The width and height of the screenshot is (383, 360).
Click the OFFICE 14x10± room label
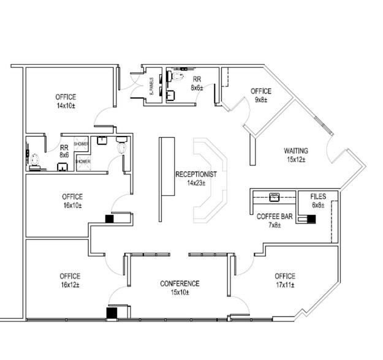pyautogui.click(x=66, y=101)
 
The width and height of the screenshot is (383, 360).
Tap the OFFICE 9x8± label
pyautogui.click(x=260, y=95)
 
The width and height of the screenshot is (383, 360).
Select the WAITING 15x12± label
pyautogui.click(x=295, y=155)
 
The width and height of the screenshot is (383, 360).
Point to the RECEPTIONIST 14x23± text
pyautogui.click(x=195, y=178)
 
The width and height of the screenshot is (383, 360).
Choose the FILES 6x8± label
pyautogui.click(x=317, y=200)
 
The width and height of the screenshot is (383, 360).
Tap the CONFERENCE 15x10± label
pyautogui.click(x=180, y=288)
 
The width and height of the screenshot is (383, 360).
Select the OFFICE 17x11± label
pyautogui.click(x=285, y=280)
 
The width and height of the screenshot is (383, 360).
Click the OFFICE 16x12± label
pyautogui.click(x=70, y=280)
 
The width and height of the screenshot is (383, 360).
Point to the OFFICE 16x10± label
pyautogui.click(x=72, y=201)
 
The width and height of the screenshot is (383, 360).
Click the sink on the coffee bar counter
pyautogui.click(x=274, y=197)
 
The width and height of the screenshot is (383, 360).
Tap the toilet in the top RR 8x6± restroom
pyautogui.click(x=178, y=77)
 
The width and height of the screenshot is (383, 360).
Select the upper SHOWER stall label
pyautogui.click(x=82, y=143)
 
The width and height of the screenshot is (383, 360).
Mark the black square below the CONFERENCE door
pyautogui.click(x=112, y=313)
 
